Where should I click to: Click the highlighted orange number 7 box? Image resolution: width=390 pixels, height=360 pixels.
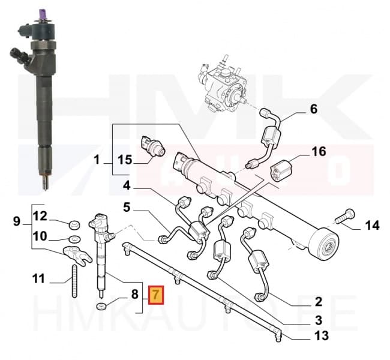click(155, 295)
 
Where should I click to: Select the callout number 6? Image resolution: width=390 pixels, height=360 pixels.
click(313, 110)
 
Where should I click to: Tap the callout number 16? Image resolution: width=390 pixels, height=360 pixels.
click(318, 151)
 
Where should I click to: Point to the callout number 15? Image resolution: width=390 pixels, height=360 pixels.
click(124, 160)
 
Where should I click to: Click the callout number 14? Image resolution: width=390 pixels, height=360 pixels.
click(373, 226)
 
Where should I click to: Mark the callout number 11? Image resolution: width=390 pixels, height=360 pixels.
click(38, 278)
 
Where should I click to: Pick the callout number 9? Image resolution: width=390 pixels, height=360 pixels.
click(17, 221)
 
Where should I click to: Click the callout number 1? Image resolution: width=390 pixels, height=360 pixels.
click(97, 160)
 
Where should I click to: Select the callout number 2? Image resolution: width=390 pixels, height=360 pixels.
click(319, 301)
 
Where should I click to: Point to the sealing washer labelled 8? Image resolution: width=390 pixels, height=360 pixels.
click(103, 308)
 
